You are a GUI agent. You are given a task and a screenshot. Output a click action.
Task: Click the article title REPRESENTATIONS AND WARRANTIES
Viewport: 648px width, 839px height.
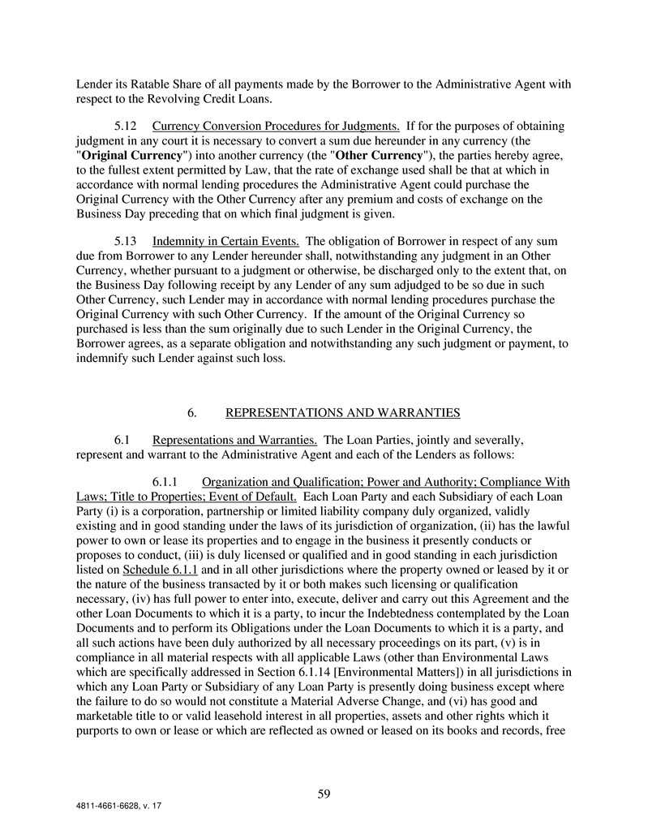tap(342, 413)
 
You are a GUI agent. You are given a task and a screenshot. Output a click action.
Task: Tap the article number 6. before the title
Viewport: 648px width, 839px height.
tap(192, 413)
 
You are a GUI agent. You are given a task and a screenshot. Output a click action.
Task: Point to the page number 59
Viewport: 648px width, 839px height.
tap(324, 794)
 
